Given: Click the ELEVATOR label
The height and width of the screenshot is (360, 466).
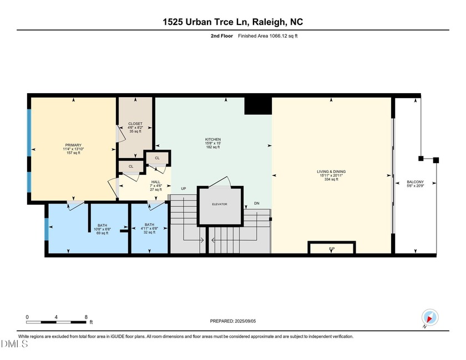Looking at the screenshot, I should pos(220,204).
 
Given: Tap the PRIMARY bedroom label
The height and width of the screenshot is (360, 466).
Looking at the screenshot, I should pos(73,145).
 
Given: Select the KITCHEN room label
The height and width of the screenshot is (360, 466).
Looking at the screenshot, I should pos(213,139).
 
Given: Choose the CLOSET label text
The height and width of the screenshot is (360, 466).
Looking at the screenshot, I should pos(135,124).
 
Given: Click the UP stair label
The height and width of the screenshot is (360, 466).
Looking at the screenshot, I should pos(183,189).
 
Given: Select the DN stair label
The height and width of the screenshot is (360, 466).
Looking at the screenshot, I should pos(256,204).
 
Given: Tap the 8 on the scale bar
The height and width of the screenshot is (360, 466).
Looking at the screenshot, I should pos(86,317).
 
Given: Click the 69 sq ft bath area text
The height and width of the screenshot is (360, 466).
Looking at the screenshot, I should pos(103,233).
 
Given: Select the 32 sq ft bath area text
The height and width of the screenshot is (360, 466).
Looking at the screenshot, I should pos(150,233).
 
